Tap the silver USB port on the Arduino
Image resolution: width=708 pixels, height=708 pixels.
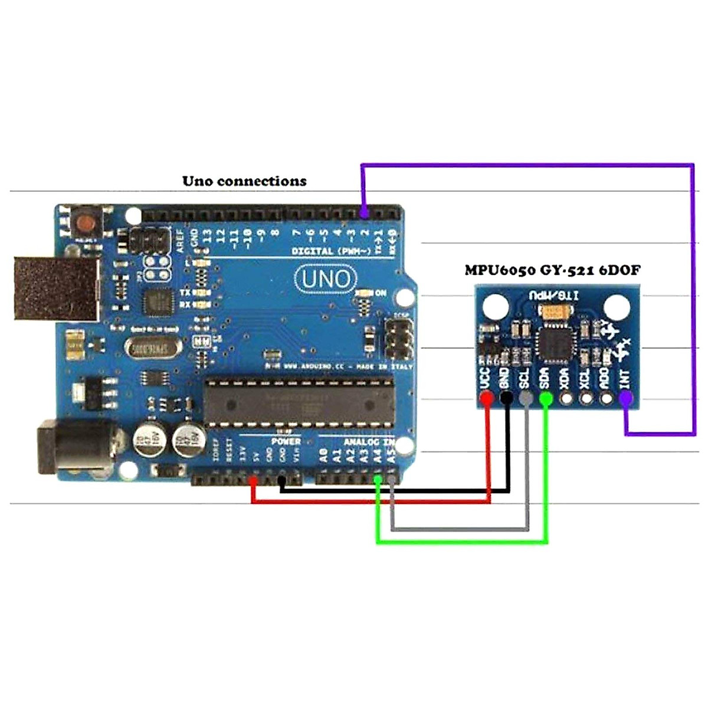tap(55, 288)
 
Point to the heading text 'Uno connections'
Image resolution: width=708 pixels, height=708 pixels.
tap(244, 181)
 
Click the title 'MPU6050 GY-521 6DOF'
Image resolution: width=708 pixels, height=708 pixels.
tap(552, 270)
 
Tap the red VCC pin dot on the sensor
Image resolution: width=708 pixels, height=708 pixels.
tap(487, 399)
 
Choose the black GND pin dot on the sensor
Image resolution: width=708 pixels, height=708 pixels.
tap(506, 399)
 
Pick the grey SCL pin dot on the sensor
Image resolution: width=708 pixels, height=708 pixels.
tap(526, 399)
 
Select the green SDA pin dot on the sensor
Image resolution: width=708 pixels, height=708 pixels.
tap(546, 399)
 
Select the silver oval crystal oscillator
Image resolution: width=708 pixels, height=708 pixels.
tap(151, 349)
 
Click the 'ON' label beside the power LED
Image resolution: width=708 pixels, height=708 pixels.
tap(381, 293)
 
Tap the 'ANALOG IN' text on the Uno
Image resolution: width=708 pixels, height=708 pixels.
tap(369, 441)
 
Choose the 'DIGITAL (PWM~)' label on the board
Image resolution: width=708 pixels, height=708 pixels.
tap(328, 251)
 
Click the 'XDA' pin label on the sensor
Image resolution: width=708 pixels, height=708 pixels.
tap(565, 378)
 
